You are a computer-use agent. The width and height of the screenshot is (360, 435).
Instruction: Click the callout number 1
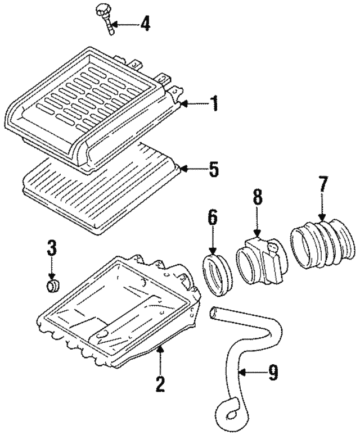tap(214, 103)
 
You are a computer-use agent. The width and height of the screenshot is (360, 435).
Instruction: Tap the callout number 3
tap(52, 248)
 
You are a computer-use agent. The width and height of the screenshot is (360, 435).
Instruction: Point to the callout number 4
tap(145, 24)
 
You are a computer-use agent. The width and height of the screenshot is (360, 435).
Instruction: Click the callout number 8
tap(258, 197)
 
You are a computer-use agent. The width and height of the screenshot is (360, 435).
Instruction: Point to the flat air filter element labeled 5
tap(101, 188)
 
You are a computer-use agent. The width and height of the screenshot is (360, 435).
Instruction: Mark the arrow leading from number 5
tap(192, 168)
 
